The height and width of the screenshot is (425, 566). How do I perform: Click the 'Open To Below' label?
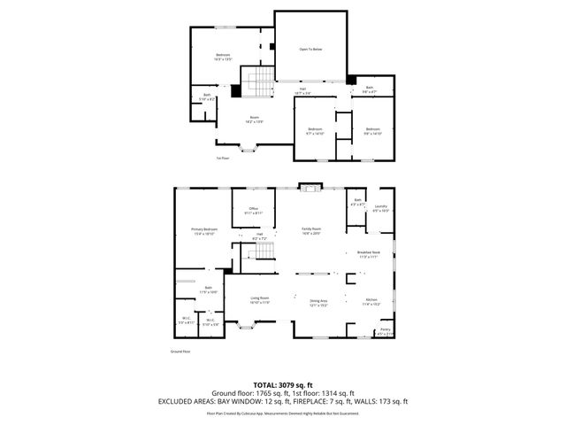click(310, 49)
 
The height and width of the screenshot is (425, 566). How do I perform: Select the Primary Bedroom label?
click(203, 230)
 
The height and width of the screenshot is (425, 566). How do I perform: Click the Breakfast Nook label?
click(368, 253)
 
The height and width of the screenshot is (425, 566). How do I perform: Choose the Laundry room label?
click(380, 208)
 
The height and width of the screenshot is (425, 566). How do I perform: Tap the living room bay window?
click(245, 325)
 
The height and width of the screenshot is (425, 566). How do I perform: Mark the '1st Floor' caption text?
click(222, 158)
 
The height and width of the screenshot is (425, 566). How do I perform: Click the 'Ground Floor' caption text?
click(181, 351)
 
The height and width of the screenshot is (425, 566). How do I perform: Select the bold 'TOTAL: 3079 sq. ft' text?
click(282, 384)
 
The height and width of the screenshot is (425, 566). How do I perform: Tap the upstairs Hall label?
click(302, 89)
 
